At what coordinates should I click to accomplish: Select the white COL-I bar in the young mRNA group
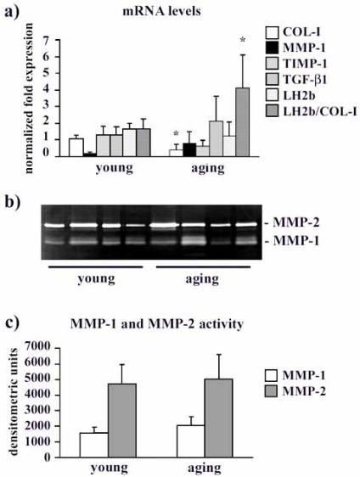click(76, 148)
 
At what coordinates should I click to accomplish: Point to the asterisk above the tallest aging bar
click(243, 41)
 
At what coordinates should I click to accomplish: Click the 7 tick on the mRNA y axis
click(59, 39)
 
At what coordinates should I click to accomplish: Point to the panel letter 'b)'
click(14, 201)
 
